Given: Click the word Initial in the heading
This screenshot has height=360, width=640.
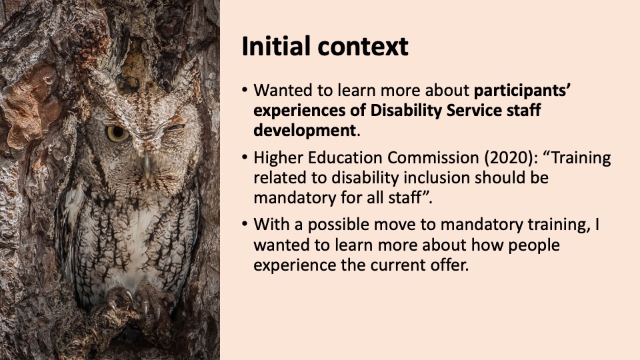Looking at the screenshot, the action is click(275, 46).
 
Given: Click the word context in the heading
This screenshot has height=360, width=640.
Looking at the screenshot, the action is click(363, 47).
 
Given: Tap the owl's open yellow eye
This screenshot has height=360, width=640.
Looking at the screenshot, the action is click(117, 133).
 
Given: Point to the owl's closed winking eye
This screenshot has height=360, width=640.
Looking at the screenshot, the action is click(175, 127).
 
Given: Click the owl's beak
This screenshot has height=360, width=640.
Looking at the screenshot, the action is click(147, 163).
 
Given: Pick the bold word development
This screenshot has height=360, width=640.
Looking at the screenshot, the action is click(305, 131).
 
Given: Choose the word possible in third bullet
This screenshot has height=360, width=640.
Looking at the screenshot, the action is click(339, 225).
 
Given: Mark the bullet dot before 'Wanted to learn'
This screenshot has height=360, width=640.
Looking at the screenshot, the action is click(245, 90).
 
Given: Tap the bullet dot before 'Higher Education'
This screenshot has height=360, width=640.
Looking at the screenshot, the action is click(245, 157).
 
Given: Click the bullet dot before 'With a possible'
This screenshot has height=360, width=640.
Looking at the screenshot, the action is click(245, 224).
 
